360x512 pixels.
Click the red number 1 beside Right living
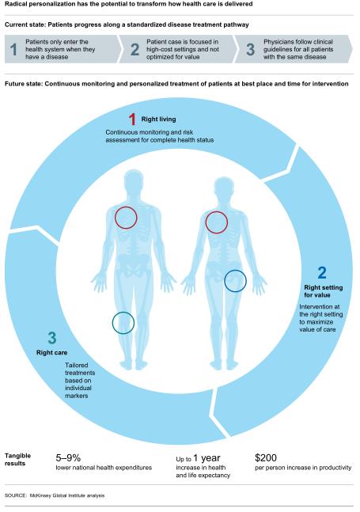click(132, 119)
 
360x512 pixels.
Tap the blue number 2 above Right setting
click(322, 273)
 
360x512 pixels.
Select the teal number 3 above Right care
click(52, 338)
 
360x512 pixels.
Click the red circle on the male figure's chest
click(126, 218)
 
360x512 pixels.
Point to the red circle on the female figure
click(216, 222)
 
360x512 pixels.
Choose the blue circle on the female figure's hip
click(235, 281)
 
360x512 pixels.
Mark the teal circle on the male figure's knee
click(123, 323)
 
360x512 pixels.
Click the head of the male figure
click(134, 180)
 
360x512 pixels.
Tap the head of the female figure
click(224, 188)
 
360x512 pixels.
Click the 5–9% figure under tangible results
click(68, 458)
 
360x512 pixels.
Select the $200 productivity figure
click(266, 458)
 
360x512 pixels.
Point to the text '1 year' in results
click(207, 458)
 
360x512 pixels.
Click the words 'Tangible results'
click(17, 460)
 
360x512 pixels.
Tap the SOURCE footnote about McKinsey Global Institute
click(55, 495)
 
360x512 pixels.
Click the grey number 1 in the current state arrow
click(13, 49)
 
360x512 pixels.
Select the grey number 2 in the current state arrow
click(135, 49)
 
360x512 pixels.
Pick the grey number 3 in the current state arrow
click(250, 49)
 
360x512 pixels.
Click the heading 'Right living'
click(158, 119)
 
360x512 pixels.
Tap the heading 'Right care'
click(52, 353)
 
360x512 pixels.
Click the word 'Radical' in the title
click(15, 4)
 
